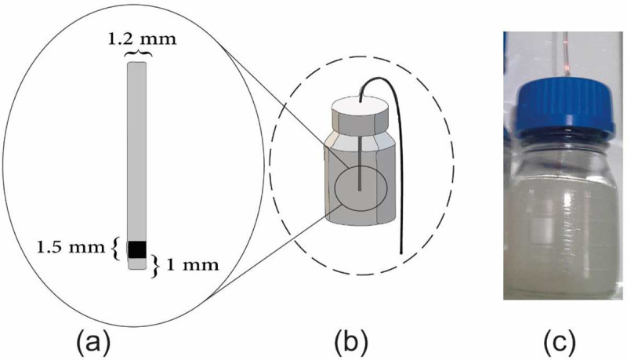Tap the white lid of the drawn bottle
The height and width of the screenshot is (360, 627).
coord(363,117)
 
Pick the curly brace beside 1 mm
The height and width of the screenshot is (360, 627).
coord(155,265)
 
